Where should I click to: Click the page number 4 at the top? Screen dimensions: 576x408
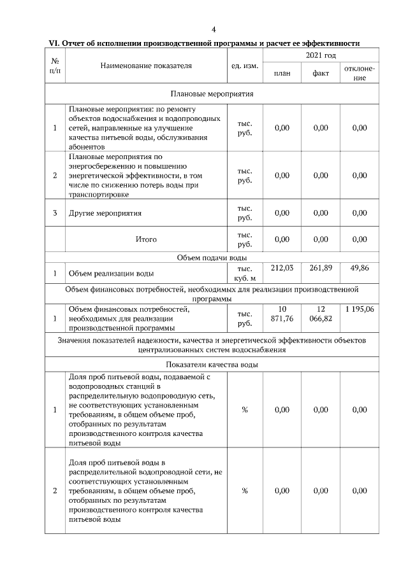point(214,29)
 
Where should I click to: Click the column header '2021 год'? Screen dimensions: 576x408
point(320,57)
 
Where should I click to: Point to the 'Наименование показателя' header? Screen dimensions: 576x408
point(146,66)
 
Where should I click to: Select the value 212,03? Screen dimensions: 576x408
point(282,269)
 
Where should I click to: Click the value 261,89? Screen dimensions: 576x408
point(321,269)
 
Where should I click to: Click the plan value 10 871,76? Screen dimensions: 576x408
point(282,314)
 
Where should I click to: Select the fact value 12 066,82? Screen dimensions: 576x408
point(321,314)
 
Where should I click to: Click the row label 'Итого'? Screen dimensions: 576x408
point(146,239)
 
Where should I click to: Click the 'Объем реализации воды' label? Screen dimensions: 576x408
point(111,274)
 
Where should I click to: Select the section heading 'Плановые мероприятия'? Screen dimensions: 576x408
point(212,94)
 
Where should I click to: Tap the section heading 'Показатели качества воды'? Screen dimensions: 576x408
point(212,365)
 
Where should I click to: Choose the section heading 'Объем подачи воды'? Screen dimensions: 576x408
point(212,258)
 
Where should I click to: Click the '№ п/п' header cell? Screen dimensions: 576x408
point(55,66)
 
